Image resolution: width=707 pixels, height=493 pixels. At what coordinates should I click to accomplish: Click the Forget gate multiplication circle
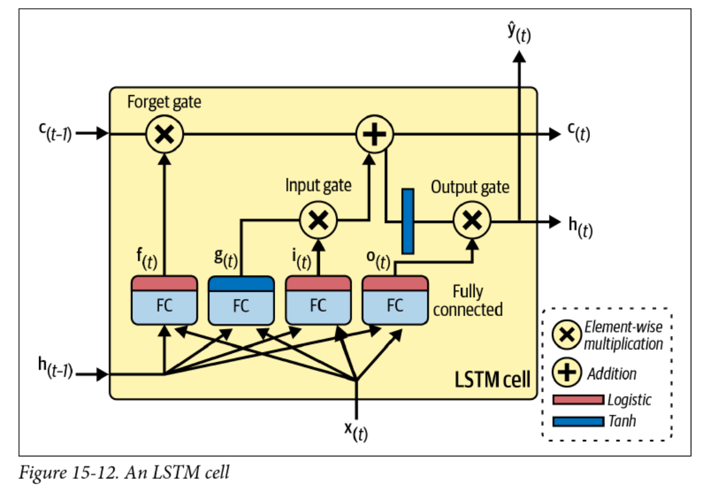pyautogui.click(x=164, y=133)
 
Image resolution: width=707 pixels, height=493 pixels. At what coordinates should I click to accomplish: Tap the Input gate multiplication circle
pyautogui.click(x=318, y=219)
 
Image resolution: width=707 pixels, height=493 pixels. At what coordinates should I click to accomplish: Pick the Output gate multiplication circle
pyautogui.click(x=472, y=219)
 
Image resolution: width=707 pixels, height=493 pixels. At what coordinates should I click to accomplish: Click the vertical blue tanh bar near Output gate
pyautogui.click(x=408, y=220)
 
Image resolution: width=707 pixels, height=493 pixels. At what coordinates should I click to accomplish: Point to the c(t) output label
pyautogui.click(x=578, y=133)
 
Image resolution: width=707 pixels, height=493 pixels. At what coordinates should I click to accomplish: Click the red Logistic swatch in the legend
pyautogui.click(x=578, y=399)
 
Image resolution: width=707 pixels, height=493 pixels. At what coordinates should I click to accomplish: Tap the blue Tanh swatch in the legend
pyautogui.click(x=578, y=421)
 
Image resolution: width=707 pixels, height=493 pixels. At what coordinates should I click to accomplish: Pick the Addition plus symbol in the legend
pyautogui.click(x=567, y=373)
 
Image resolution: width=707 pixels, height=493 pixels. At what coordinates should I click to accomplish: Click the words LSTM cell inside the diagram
pyautogui.click(x=492, y=380)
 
